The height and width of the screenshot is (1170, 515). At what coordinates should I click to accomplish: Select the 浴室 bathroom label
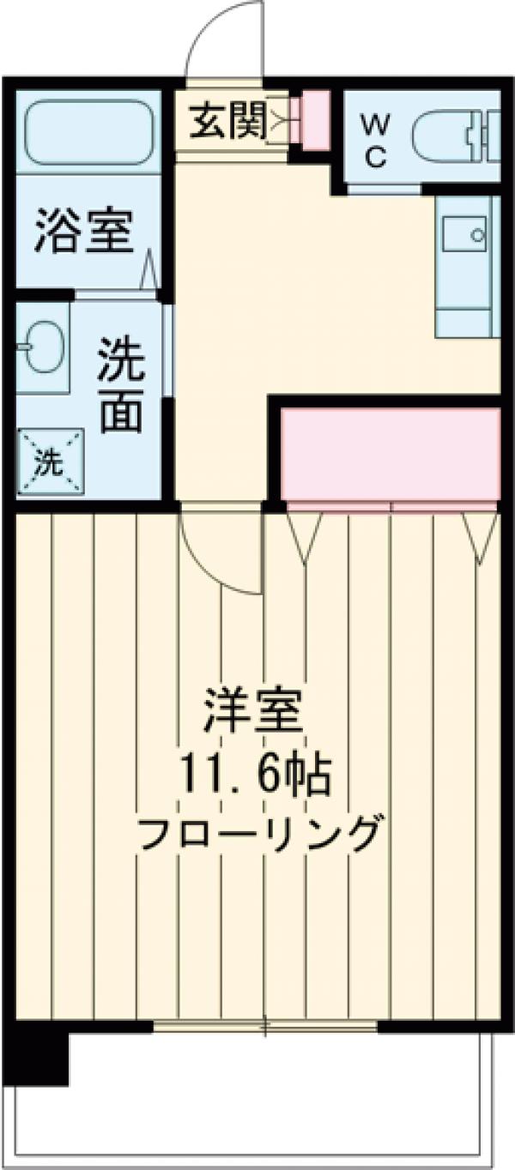pos(84,231)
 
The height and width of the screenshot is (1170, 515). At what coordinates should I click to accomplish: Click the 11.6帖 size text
pos(255,776)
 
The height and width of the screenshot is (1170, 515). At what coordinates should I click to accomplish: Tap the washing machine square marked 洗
pos(51,462)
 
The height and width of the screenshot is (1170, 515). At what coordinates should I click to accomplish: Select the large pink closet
pos(391,454)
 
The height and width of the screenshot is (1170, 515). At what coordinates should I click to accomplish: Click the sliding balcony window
pos(266,1026)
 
